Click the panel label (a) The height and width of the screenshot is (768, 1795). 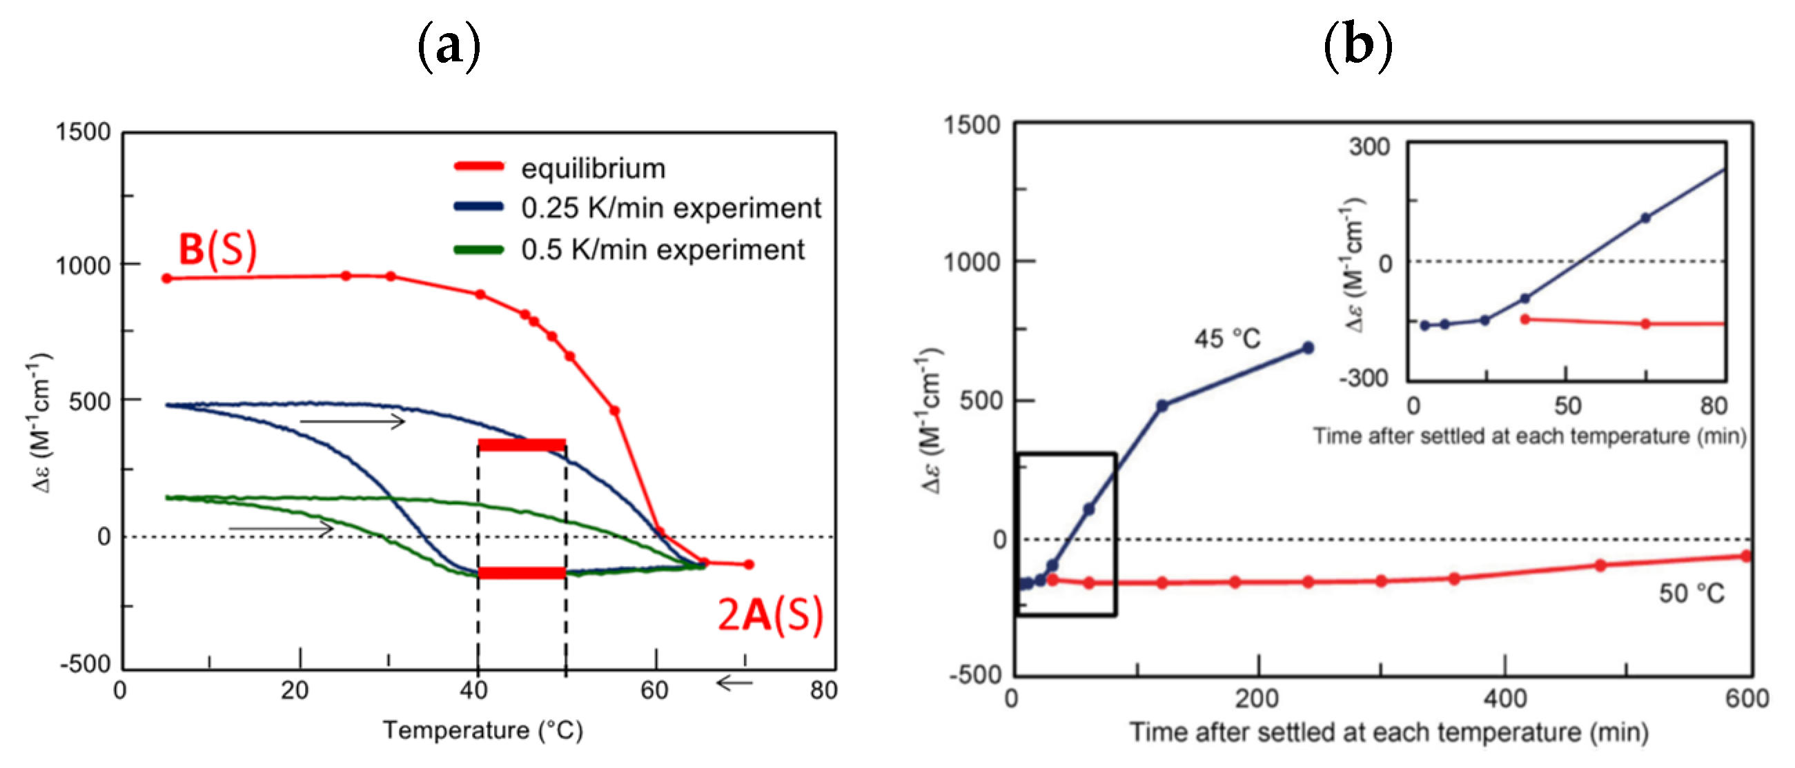coord(449,47)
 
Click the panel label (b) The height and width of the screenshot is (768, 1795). coord(1357,47)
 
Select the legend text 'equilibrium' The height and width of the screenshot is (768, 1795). coord(593,168)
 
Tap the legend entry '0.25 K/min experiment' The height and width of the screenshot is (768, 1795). coord(670,208)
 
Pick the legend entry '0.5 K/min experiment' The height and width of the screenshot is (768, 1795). coord(662,250)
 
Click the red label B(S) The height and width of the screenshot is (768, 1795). coord(217,249)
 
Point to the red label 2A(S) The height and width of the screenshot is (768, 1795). coord(770,615)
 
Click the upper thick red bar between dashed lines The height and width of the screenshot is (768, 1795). coord(521,445)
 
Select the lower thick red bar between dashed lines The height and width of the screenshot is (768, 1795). coord(521,573)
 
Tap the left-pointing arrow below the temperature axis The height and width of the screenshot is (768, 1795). coord(734,683)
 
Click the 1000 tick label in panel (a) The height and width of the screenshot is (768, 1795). coord(83,265)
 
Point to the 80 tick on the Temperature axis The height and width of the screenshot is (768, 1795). coord(823,691)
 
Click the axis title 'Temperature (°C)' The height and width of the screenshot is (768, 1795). coord(482,729)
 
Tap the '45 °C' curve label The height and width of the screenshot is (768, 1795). coord(1227,339)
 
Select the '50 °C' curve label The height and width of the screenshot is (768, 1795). coord(1691,593)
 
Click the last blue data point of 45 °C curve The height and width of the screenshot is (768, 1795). coord(1308,347)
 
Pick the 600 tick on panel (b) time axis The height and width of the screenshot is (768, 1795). coord(1746,698)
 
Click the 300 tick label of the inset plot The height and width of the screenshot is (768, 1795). coord(1369,147)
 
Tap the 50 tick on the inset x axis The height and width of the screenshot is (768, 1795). coord(1567,405)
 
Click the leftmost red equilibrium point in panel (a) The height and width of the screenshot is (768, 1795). coord(166,279)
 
